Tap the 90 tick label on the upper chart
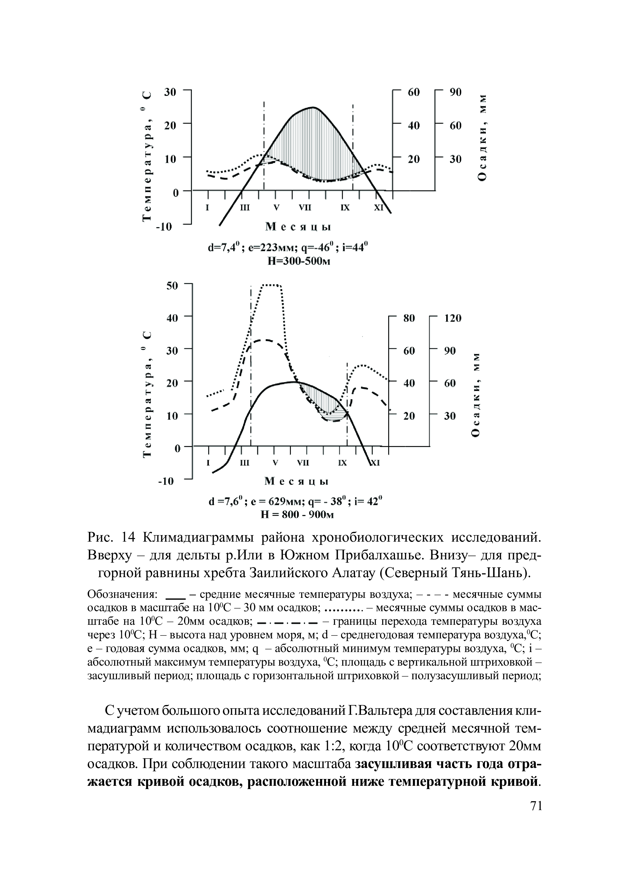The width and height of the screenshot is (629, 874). (x=455, y=92)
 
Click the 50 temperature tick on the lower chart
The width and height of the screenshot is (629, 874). (x=171, y=286)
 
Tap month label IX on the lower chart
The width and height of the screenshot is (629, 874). (x=342, y=463)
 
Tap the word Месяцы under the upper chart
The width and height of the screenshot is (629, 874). (x=298, y=227)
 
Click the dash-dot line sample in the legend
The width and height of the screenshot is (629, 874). (x=287, y=622)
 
